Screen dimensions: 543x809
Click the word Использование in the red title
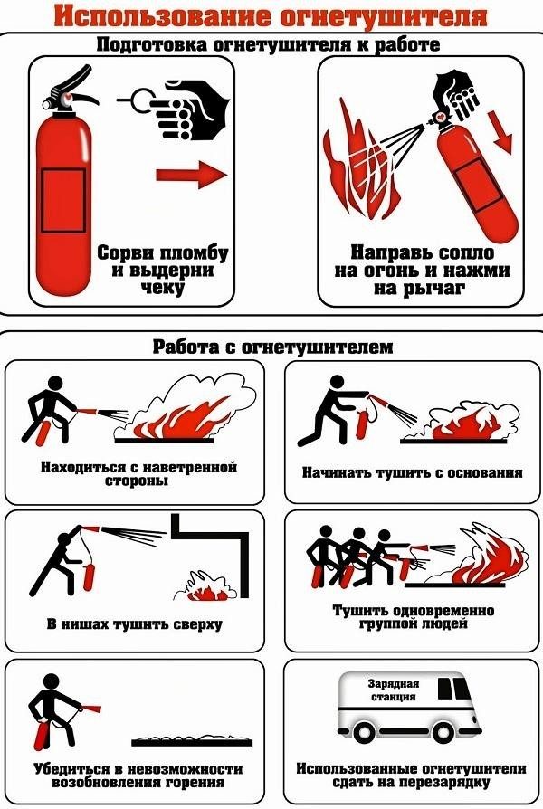click(x=162, y=16)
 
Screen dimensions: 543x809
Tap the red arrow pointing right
click(x=192, y=174)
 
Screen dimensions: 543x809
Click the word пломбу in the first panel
click(x=195, y=254)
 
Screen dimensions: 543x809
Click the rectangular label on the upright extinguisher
click(x=63, y=200)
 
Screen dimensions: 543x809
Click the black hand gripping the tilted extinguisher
click(x=456, y=94)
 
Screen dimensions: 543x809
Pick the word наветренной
click(x=189, y=468)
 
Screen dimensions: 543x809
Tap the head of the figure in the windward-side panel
click(x=54, y=384)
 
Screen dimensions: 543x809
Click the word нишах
click(x=86, y=624)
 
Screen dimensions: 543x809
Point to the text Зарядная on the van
click(x=394, y=684)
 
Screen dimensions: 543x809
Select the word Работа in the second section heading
click(x=186, y=347)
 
